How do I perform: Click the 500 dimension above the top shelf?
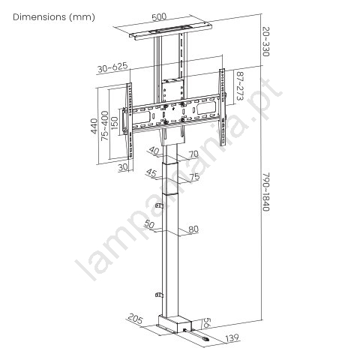[159, 17]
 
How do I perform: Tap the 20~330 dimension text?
[265, 42]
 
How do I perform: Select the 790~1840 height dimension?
[266, 192]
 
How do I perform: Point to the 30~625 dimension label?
[112, 67]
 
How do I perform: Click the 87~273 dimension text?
[240, 86]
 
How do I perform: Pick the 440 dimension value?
[94, 126]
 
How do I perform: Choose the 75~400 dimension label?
[105, 125]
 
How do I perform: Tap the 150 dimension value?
[114, 123]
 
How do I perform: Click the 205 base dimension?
[136, 319]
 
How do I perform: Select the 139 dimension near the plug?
[232, 338]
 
